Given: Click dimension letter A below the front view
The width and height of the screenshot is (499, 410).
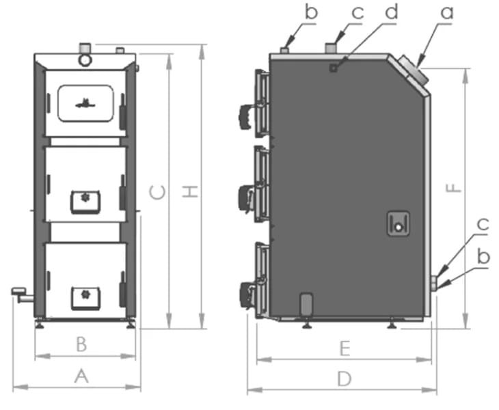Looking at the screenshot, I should [81, 375].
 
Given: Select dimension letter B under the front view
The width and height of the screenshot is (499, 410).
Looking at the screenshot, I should [81, 344].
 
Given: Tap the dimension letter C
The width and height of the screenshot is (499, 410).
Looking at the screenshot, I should [157, 193].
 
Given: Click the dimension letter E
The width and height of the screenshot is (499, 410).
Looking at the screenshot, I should [345, 348].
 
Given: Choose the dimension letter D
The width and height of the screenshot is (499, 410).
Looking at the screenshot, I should [345, 378].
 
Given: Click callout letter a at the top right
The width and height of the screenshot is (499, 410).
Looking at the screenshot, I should [447, 12].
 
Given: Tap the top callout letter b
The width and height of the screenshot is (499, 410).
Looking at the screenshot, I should [312, 12].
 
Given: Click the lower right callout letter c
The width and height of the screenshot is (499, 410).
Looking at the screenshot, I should [483, 223].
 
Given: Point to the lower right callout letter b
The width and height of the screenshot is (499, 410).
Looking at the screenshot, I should [483, 257].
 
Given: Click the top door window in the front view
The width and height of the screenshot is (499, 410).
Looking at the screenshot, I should [85, 103].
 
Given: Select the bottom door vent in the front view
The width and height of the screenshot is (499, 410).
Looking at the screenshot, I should [85, 295].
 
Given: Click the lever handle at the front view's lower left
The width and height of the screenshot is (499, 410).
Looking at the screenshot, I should [21, 294].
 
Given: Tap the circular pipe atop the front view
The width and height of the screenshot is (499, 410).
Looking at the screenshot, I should [85, 58].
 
